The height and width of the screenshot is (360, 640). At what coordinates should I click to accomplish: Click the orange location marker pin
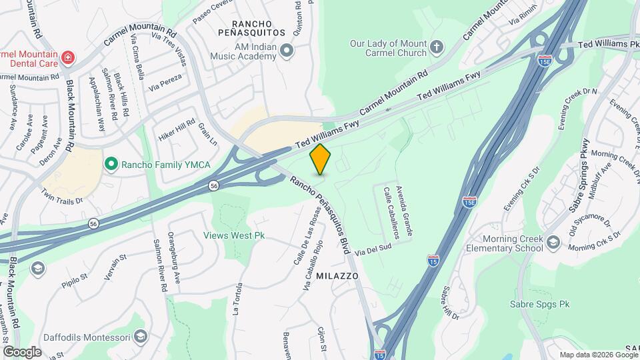(321, 159)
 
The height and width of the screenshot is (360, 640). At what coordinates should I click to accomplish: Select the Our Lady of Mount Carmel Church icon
(437, 46)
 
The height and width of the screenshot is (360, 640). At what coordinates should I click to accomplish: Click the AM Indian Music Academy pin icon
(287, 50)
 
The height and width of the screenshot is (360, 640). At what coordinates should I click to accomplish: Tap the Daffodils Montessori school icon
(139, 336)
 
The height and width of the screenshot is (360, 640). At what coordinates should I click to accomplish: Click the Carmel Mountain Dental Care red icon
(67, 58)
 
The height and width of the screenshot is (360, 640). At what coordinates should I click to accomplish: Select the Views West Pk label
(234, 235)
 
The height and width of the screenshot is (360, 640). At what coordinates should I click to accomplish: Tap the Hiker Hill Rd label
(177, 131)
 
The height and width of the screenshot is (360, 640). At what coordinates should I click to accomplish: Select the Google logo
(22, 351)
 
